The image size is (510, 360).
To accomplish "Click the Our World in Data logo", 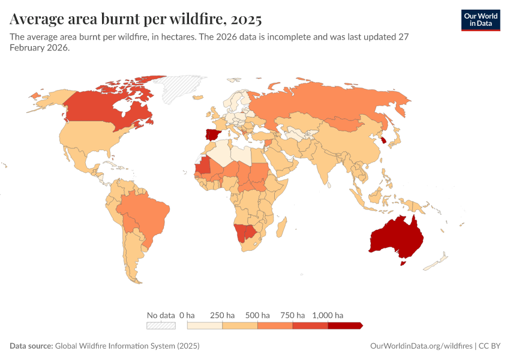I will pos(480,20).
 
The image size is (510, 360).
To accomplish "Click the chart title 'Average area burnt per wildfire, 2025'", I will pos(136,19).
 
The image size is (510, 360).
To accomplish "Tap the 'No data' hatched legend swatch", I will pos(161,325).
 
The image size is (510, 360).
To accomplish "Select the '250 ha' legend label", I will pos(222,315).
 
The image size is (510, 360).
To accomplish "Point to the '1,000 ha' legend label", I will pos(328,315).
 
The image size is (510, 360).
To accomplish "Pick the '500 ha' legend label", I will pos(257,315).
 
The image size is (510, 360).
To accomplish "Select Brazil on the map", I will pos(144,213).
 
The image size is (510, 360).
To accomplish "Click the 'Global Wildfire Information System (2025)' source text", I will pos(127,346).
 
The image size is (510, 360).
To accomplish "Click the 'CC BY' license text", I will pos(489,346).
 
